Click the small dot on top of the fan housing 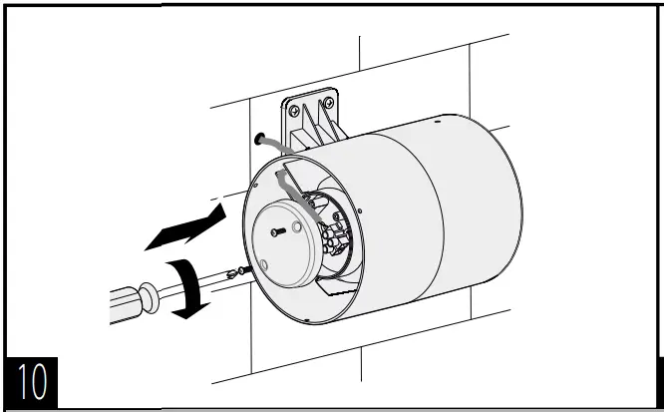point(438,121)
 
